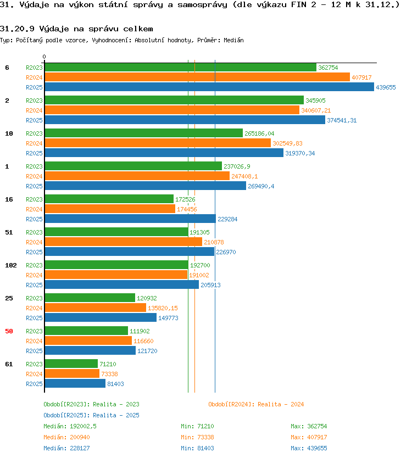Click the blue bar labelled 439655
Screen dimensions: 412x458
point(209,87)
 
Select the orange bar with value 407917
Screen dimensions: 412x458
point(197,77)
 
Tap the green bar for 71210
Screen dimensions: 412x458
point(71,364)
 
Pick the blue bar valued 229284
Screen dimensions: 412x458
point(130,219)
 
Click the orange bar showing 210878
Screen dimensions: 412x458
point(123,242)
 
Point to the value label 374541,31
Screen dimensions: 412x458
point(342,120)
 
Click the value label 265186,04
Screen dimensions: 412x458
point(259,133)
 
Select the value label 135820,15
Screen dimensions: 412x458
point(163,308)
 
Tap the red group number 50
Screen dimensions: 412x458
point(9,331)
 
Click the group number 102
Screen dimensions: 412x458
point(11,265)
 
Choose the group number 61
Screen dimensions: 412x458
point(9,364)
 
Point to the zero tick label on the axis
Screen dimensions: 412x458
point(44,57)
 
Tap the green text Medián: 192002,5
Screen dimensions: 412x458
point(70,426)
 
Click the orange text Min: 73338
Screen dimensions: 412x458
point(198,437)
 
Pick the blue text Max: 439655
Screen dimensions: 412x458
point(309,448)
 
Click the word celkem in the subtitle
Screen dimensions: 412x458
point(138,29)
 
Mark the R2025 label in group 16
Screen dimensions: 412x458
point(34,219)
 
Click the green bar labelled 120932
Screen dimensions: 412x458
point(90,298)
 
